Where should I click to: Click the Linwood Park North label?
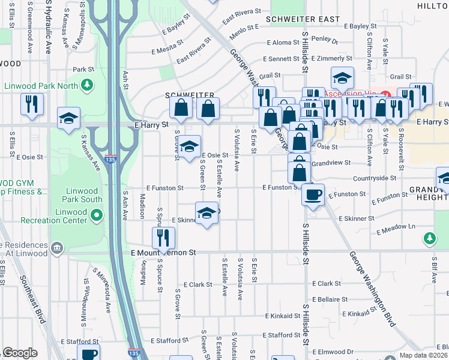pos(41,85)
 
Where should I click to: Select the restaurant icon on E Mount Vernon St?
pos(163,238)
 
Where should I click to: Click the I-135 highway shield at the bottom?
pos(135,354)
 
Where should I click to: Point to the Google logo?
pos(20,352)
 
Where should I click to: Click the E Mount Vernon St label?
pos(164,253)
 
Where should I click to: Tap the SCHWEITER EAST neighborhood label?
pos(306,20)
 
